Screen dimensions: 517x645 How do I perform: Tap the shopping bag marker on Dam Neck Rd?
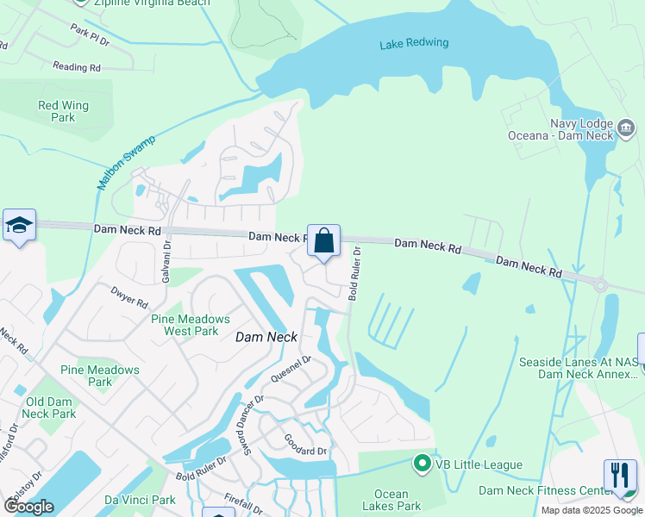[x=323, y=240]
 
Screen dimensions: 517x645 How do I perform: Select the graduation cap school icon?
[x=19, y=226]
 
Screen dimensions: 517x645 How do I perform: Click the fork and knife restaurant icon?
[x=620, y=475]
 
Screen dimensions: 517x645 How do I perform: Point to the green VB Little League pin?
[x=422, y=464]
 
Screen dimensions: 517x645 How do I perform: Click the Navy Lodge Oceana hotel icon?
[x=627, y=129]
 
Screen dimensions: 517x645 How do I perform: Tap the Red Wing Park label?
[x=63, y=111]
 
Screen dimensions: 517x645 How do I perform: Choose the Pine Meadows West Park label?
[x=185, y=324]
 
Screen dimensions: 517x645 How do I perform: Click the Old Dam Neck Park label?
[x=51, y=408]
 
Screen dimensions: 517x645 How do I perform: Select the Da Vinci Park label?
[x=140, y=500]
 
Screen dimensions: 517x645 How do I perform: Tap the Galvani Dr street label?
[x=167, y=261]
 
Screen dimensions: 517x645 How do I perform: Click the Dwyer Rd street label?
[x=129, y=297]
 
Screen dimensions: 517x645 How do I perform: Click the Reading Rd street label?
[x=77, y=66]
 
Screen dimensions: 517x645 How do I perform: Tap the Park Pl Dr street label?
[x=91, y=35]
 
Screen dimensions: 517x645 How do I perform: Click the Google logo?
[x=28, y=507]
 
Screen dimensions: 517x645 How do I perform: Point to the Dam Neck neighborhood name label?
[x=266, y=338]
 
